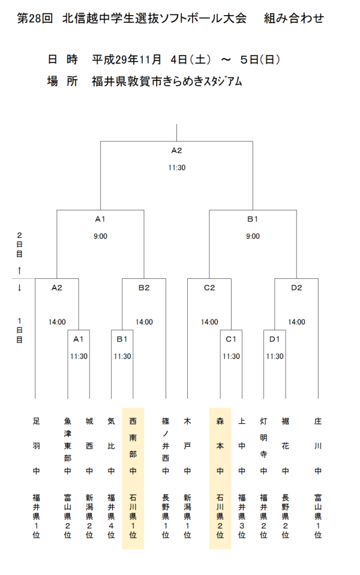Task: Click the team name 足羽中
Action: tap(35, 446)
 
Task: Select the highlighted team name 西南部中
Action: tap(133, 446)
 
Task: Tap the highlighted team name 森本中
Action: tap(220, 446)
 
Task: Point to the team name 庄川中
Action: tap(318, 446)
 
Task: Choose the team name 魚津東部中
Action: tap(68, 446)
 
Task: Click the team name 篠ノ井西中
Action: tap(166, 446)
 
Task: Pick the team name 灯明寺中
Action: tap(263, 446)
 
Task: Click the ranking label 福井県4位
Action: tap(111, 516)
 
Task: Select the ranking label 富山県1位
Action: tap(318, 516)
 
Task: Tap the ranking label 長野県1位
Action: tap(166, 516)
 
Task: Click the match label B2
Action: tap(144, 288)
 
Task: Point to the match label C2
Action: tap(209, 288)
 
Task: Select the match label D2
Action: tap(296, 288)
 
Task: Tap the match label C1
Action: tap(231, 339)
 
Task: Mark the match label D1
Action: tap(275, 339)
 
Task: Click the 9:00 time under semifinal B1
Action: tap(253, 236)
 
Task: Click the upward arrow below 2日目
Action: tap(19, 270)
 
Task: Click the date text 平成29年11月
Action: tap(127, 60)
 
